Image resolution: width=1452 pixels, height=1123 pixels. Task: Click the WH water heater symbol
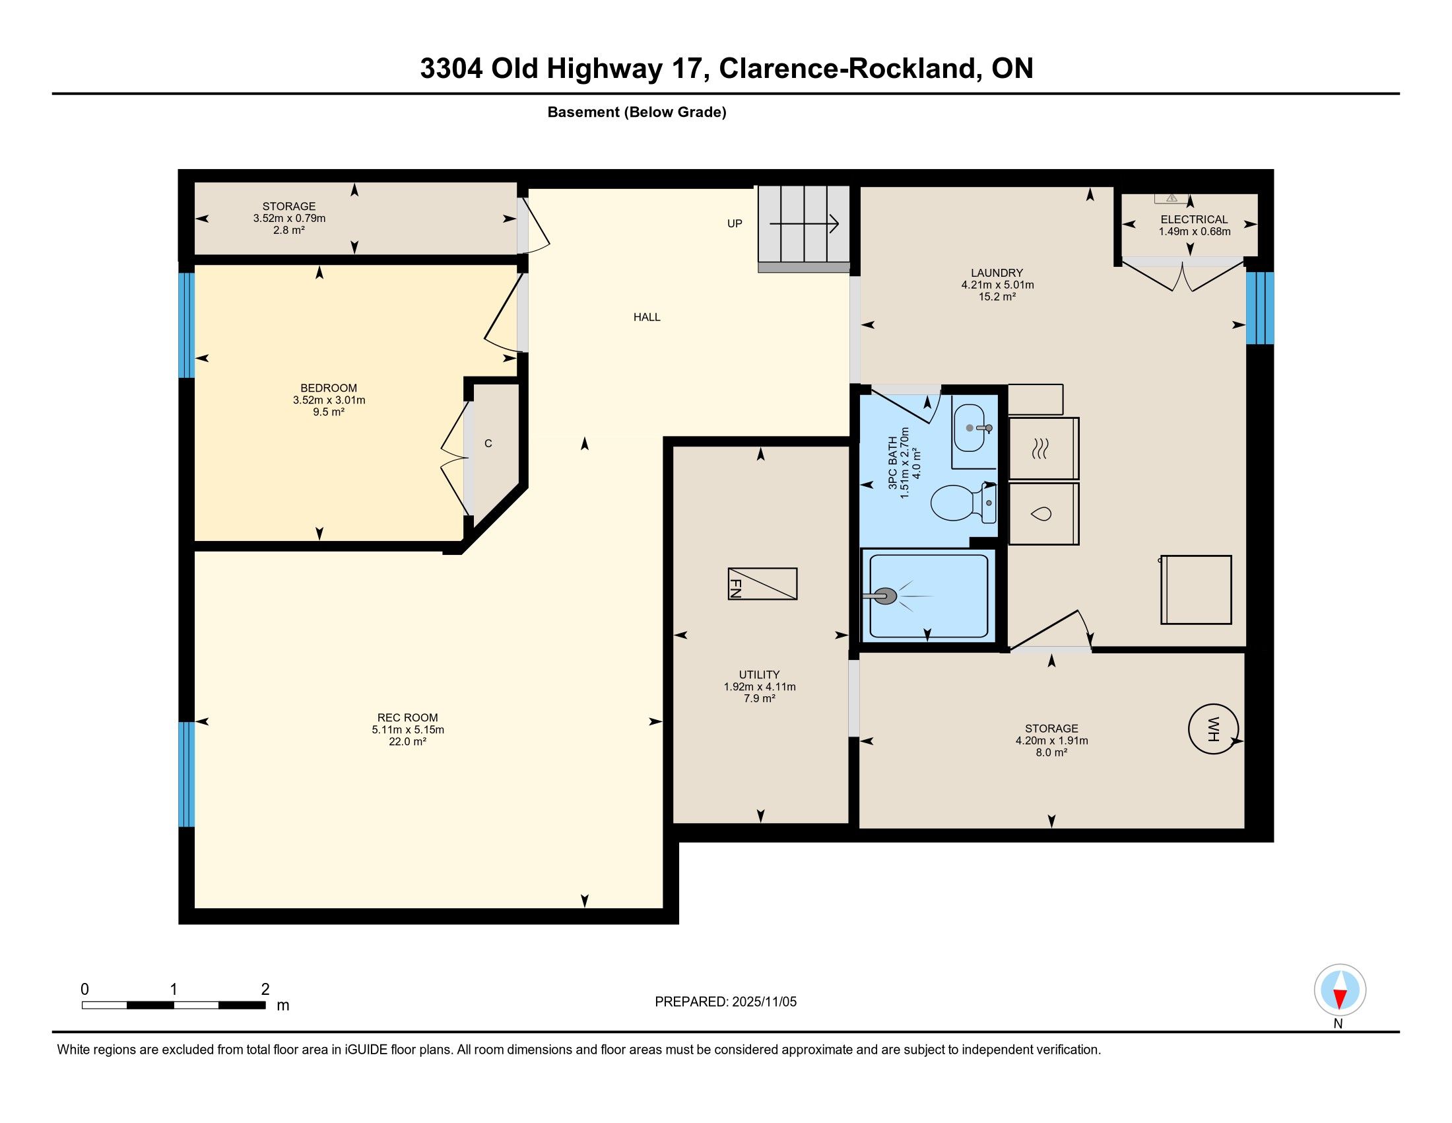click(x=1213, y=729)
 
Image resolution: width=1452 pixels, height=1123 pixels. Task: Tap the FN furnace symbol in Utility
click(x=762, y=584)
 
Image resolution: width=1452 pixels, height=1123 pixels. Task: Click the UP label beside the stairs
click(x=735, y=223)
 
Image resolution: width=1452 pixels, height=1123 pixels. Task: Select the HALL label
click(x=647, y=317)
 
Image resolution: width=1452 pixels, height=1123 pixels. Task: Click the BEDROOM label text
click(x=329, y=388)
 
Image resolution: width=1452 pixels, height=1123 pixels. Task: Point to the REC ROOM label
click(x=407, y=717)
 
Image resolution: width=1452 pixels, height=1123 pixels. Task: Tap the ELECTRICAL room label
click(x=1194, y=219)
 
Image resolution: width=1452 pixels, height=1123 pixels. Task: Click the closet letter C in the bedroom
click(x=488, y=444)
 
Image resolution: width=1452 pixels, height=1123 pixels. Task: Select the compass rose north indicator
click(x=1340, y=990)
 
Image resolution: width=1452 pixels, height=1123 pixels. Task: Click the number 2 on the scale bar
click(x=265, y=990)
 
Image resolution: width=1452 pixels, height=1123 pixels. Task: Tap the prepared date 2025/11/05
click(x=764, y=1002)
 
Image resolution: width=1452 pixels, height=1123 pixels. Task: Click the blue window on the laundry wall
click(x=1260, y=308)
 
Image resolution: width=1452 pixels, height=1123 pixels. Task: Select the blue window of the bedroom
click(x=187, y=325)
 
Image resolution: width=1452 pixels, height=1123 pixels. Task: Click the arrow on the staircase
click(x=805, y=225)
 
